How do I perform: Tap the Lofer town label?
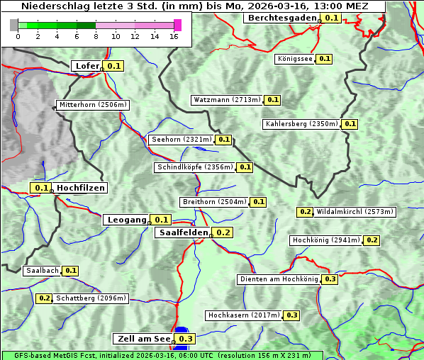pos(87,66)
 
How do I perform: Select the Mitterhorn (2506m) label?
pos(93,105)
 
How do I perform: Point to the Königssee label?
pos(295,59)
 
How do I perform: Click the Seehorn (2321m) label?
pos(182,140)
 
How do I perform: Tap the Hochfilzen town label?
pos(81,188)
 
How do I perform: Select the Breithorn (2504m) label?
pos(214,202)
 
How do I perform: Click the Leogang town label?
pos(128,220)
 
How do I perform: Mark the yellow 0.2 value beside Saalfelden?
pos(223,232)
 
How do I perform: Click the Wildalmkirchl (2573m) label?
pos(355,212)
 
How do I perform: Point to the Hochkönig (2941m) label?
pos(326,240)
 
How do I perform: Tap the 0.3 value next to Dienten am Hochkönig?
pos(330,279)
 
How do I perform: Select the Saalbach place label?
pos(42,271)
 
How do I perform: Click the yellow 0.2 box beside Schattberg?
pos(44,298)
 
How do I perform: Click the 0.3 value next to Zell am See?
pos(186,339)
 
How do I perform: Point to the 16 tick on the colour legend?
pos(174,35)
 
